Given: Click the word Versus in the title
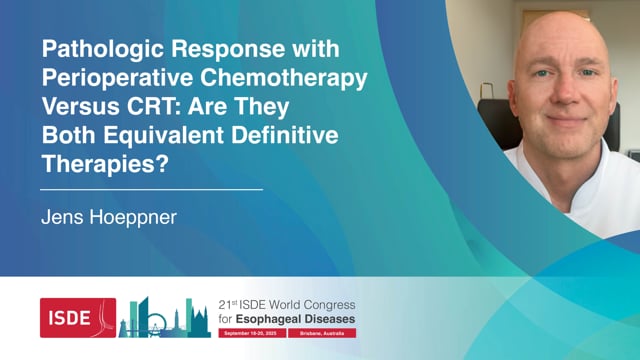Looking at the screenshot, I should [71, 104].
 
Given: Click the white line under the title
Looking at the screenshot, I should [151, 188].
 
